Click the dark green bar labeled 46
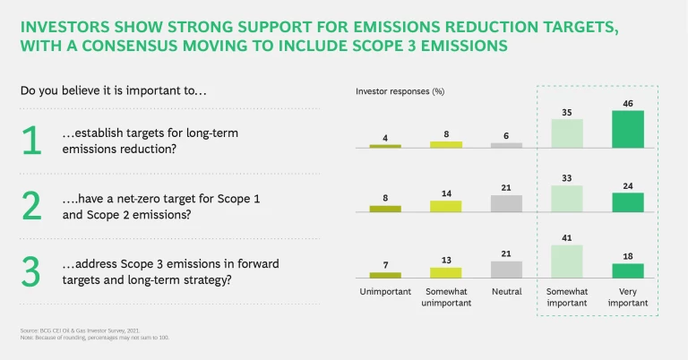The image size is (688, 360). [x=627, y=129]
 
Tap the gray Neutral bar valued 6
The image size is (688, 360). [x=507, y=144]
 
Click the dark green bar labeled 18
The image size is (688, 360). [x=627, y=270]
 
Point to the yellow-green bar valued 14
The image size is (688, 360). [x=446, y=206]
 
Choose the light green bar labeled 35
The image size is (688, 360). [x=566, y=133]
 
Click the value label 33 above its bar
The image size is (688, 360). [x=566, y=178]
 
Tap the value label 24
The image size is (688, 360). [x=627, y=185]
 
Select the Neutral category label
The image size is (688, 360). [x=507, y=292]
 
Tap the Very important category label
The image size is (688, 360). [x=627, y=297]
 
